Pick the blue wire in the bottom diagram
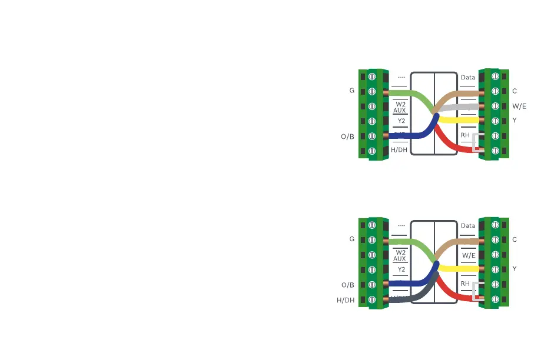[x=412, y=284]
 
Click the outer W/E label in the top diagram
[x=519, y=106]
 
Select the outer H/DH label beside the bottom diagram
[x=346, y=300]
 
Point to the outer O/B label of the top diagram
[x=347, y=136]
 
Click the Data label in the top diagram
[x=468, y=78]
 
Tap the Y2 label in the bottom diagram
[x=401, y=269]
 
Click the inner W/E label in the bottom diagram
[x=469, y=256]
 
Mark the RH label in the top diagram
[x=465, y=135]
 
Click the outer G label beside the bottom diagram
[x=351, y=239]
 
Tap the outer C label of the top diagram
[x=515, y=91]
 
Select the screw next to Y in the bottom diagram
[x=495, y=269]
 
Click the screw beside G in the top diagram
[x=372, y=92]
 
